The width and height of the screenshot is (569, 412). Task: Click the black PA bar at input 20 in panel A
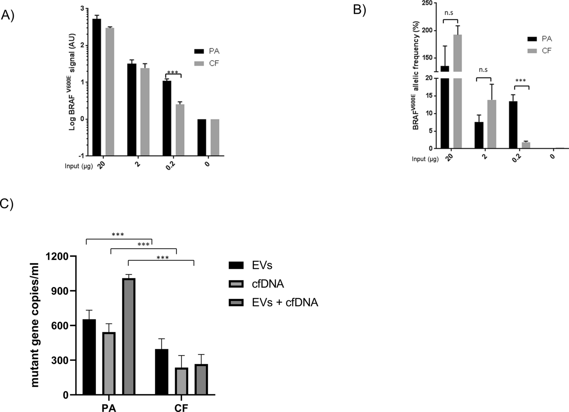coord(97,87)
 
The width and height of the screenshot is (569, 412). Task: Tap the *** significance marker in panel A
coord(173,72)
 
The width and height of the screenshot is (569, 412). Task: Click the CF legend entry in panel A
coord(207,63)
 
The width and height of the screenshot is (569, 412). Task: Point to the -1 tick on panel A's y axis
coord(81,156)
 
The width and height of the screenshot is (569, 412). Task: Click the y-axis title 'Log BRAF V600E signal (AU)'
coord(72,82)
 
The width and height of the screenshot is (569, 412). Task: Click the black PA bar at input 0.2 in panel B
coord(513,125)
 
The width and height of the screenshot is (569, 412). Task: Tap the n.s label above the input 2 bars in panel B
coord(483,70)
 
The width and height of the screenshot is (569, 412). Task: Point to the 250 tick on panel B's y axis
coord(428,3)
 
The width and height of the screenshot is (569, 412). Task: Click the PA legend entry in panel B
coord(540,39)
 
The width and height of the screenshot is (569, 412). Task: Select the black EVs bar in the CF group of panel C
coord(162,372)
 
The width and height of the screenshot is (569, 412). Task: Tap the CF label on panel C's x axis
coord(181,408)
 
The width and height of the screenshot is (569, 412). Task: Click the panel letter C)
coord(6,204)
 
